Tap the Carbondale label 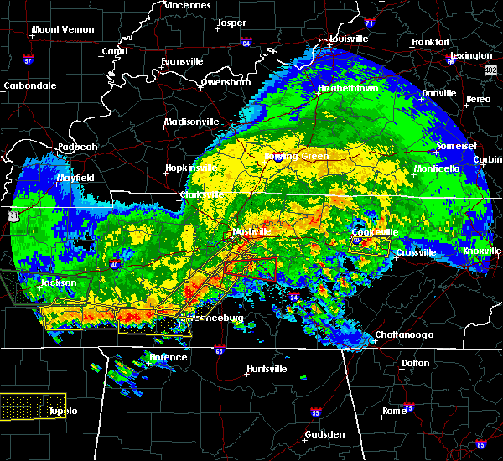pos(29,85)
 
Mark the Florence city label pos(169,358)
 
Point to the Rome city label pos(394,411)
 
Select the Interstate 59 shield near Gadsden pos(315,413)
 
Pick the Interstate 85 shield pos(480,443)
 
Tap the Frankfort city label pos(431,42)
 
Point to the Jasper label pos(231,23)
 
